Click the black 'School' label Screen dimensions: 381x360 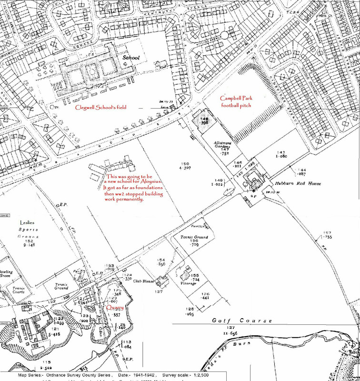tap(131, 58)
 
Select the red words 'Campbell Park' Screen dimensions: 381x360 tap(235, 98)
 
